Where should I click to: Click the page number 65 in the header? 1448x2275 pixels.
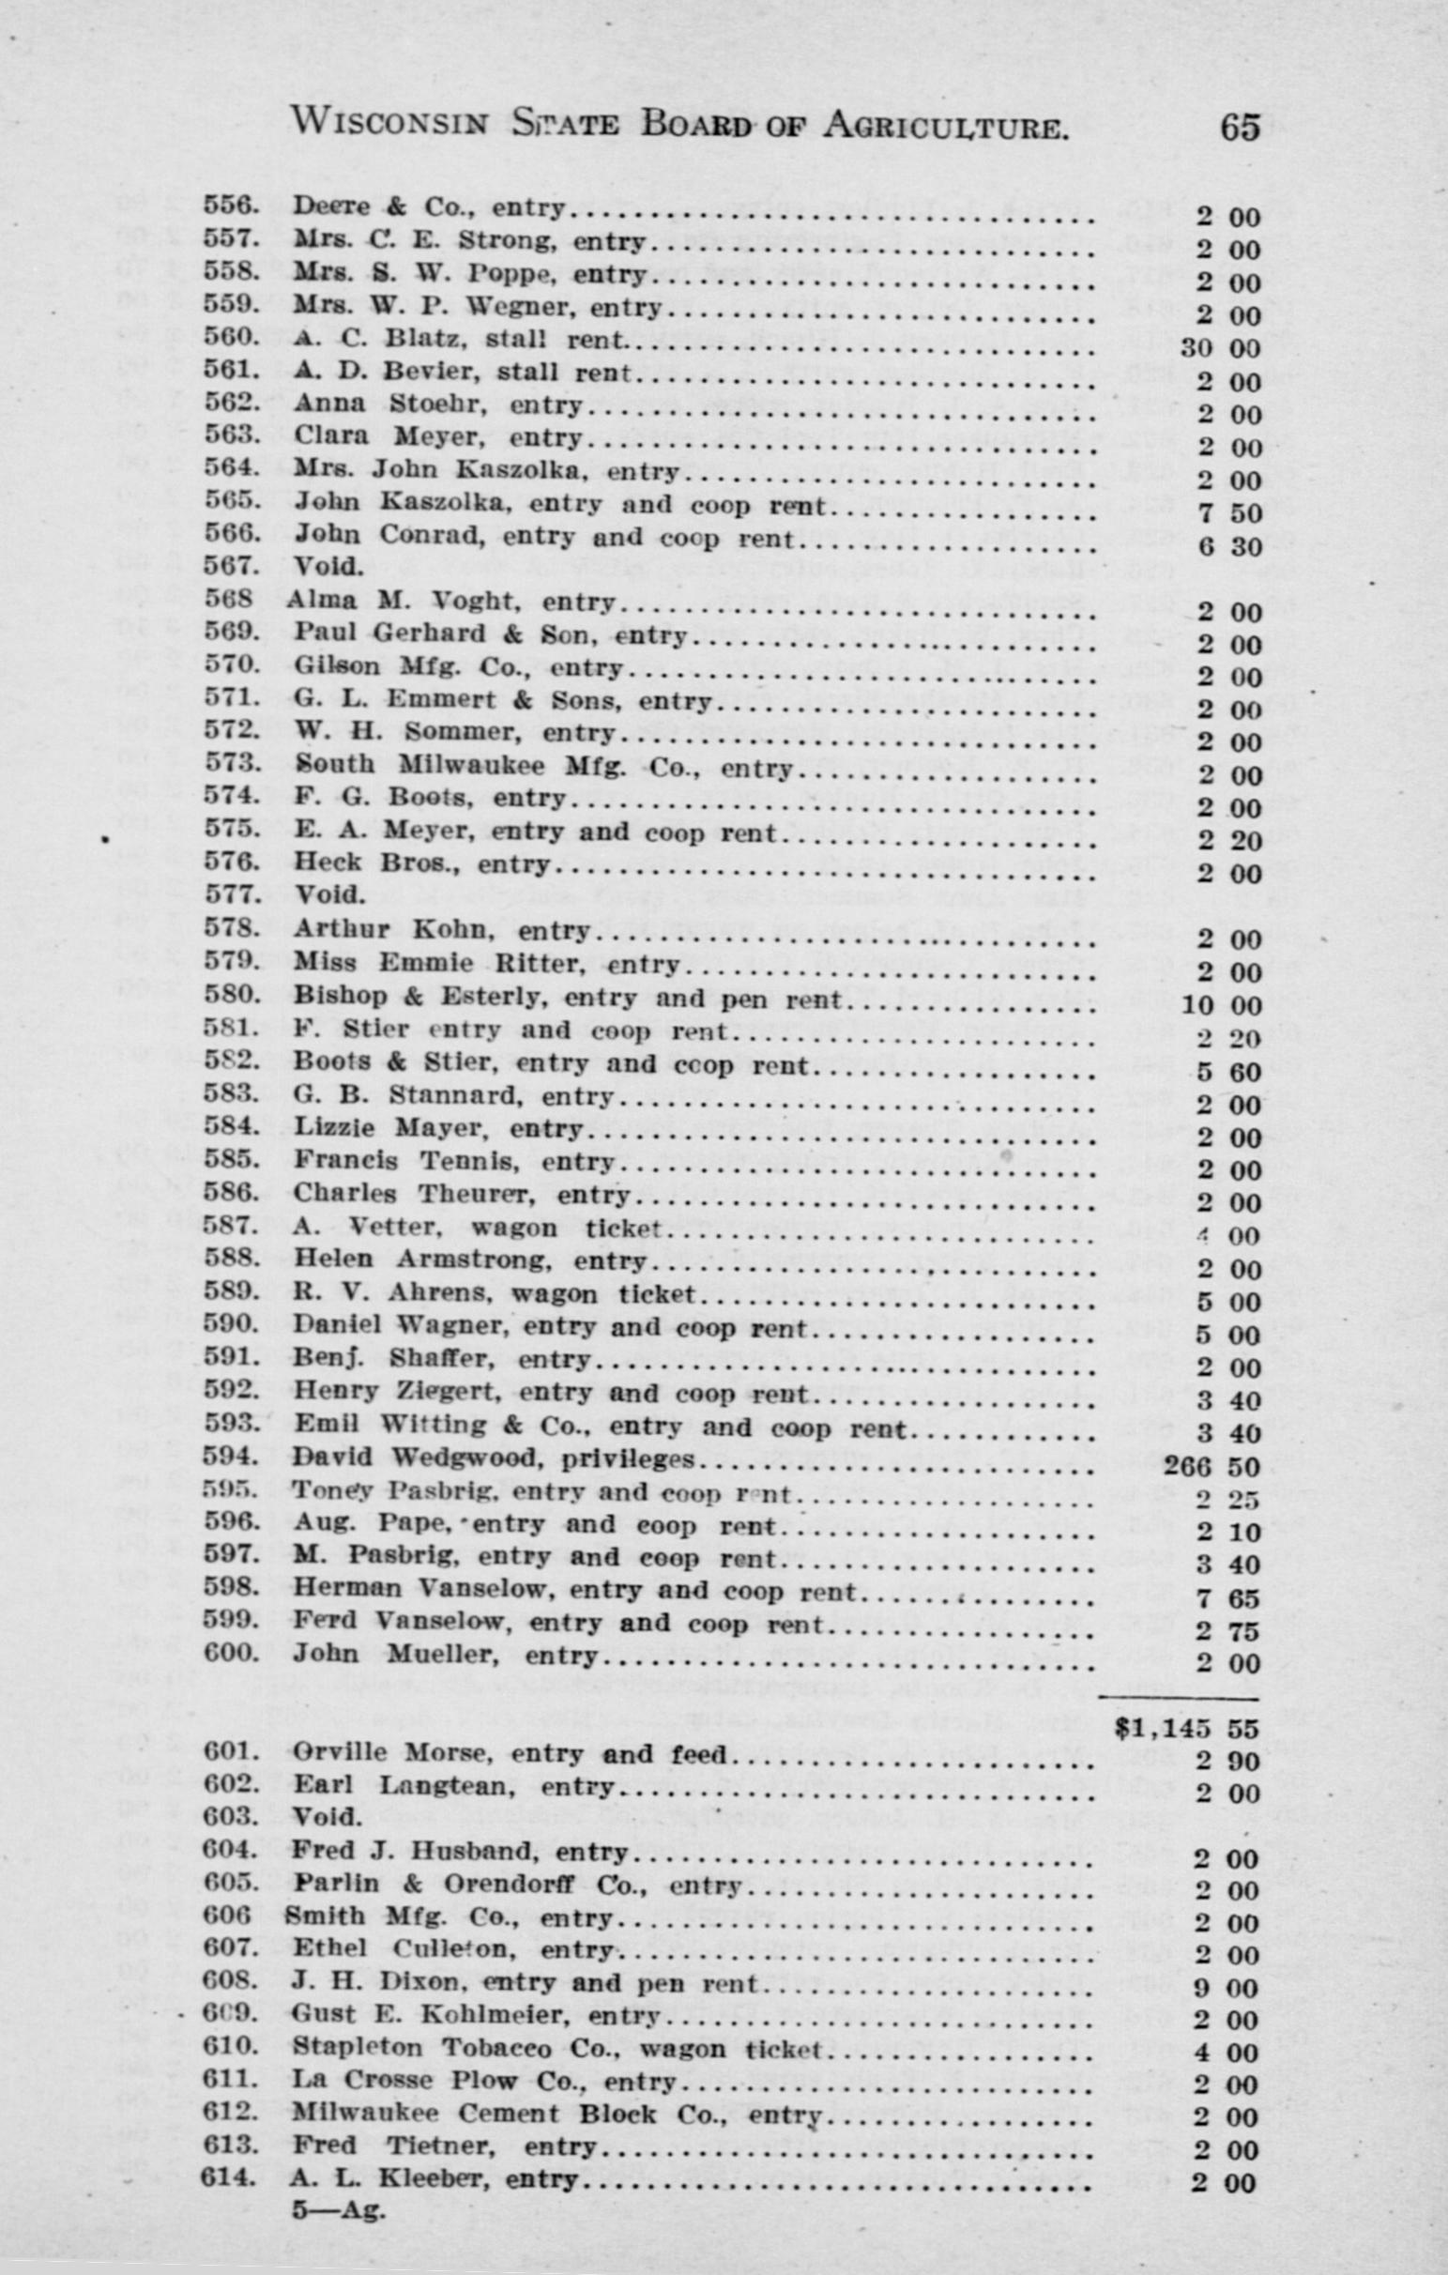(1240, 127)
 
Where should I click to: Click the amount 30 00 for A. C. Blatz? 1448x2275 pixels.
(1219, 347)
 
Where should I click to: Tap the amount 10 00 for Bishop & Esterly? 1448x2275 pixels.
(1220, 1005)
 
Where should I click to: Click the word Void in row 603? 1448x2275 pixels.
(328, 1817)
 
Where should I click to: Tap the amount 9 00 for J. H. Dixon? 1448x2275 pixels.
(1226, 1988)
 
